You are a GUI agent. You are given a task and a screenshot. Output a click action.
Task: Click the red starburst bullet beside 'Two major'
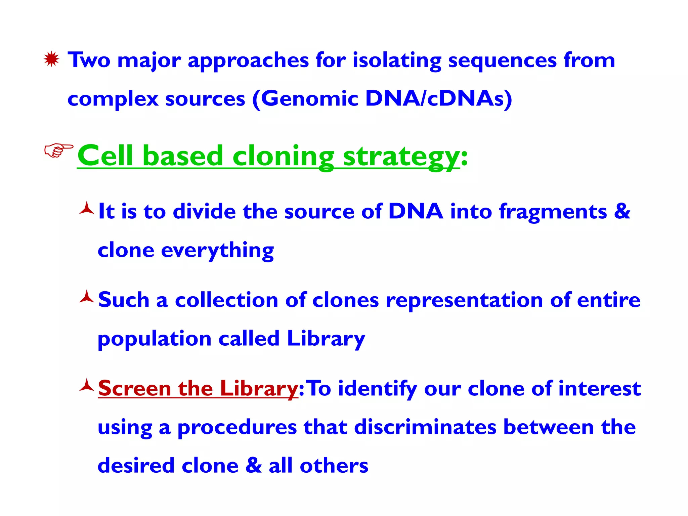(51, 59)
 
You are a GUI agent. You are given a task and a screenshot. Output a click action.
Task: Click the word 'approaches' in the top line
(248, 61)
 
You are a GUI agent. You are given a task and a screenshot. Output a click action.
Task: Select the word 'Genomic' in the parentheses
(309, 99)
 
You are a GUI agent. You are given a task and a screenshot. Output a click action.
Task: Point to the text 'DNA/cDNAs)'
(438, 99)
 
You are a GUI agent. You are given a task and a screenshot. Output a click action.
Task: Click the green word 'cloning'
(283, 157)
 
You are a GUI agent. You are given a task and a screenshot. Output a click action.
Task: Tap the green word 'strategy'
(401, 157)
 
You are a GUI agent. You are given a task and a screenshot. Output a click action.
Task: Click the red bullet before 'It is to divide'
(87, 208)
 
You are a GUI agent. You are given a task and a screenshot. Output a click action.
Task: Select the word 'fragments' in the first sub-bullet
(553, 212)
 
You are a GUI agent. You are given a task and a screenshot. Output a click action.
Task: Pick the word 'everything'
(217, 251)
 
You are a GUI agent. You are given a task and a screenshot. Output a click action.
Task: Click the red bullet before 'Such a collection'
(87, 297)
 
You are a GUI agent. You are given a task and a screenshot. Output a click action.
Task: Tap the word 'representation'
(464, 300)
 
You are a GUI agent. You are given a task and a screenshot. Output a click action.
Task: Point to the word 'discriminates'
(425, 427)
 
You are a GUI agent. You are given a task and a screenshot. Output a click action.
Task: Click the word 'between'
(548, 427)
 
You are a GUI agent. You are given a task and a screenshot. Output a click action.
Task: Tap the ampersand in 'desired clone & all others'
(253, 466)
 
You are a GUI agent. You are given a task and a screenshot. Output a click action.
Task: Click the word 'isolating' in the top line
(397, 61)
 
